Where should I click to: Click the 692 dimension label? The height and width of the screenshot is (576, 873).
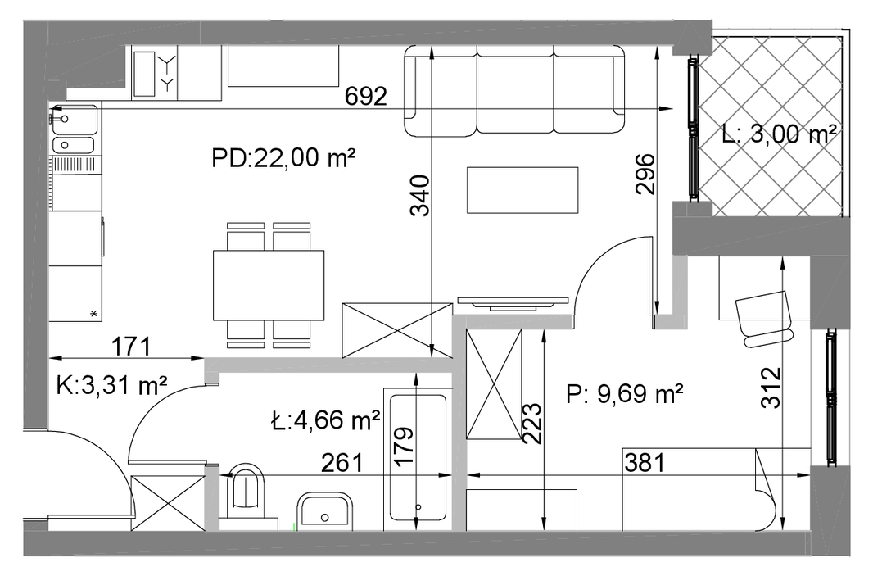(x=366, y=97)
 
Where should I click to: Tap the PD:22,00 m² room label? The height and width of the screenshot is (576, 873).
(x=283, y=158)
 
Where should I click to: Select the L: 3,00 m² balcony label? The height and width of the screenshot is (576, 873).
(x=779, y=134)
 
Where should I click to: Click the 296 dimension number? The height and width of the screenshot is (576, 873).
(x=646, y=174)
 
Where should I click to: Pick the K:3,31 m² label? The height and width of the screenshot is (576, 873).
(x=111, y=384)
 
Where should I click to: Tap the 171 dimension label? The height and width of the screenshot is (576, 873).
(x=131, y=347)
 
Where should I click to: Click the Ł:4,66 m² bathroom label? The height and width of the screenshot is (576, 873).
(x=325, y=420)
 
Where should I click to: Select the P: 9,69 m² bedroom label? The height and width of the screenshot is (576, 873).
(x=625, y=394)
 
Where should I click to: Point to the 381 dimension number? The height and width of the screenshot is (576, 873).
(x=645, y=462)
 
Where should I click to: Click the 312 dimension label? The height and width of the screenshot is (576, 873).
(x=771, y=388)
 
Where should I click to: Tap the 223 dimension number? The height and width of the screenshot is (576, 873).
(x=531, y=424)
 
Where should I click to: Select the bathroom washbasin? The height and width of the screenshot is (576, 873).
(x=325, y=510)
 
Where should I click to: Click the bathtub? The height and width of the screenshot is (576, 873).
(x=418, y=458)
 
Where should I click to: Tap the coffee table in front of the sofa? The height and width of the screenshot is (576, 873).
(x=522, y=190)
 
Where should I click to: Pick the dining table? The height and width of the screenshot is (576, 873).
(x=269, y=285)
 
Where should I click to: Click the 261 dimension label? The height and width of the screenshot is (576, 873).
(x=342, y=462)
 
